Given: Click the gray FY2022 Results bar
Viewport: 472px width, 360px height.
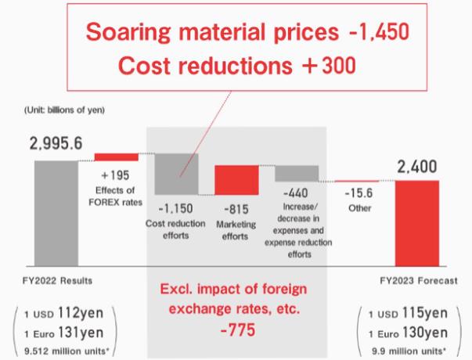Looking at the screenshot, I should click(x=56, y=211).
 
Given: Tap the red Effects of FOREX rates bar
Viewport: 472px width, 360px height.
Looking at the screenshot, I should click(x=116, y=157).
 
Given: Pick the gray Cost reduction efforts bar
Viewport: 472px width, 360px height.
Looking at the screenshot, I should click(x=176, y=174).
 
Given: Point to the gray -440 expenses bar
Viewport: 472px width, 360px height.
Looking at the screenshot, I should click(x=297, y=174).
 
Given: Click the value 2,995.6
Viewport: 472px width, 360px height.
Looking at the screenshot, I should click(x=56, y=144).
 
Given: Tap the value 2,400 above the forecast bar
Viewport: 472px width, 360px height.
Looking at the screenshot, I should click(x=416, y=167).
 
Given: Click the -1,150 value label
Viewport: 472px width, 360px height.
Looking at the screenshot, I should click(x=176, y=209).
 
